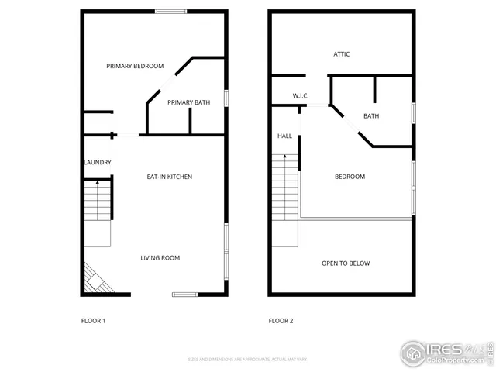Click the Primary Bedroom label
[x=135, y=66]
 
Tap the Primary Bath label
[x=188, y=102]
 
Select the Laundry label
[x=98, y=162]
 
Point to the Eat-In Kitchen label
[x=170, y=177]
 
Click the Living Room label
[x=160, y=257]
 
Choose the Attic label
[x=342, y=54]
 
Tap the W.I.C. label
[x=301, y=95]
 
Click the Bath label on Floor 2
[x=371, y=116]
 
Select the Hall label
[x=284, y=136]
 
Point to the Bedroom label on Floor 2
[x=350, y=177]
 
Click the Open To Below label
[x=346, y=263]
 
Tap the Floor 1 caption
[x=93, y=320]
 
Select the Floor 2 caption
[x=281, y=320]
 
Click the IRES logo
[x=446, y=353]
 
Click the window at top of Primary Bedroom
[x=170, y=11]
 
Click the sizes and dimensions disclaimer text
[x=247, y=359]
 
